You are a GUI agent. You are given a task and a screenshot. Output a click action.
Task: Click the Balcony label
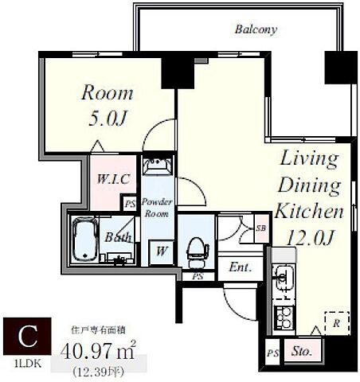(x=256, y=29)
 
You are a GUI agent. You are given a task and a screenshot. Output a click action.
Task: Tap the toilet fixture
(x=197, y=252)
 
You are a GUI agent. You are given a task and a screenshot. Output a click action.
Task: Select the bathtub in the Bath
(x=84, y=239)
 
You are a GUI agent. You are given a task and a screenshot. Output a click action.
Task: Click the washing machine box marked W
(x=162, y=251)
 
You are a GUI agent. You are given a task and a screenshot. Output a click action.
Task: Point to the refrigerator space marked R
(x=337, y=323)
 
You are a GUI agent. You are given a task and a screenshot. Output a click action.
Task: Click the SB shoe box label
(x=261, y=228)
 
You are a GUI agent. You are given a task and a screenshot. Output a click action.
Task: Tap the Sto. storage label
(x=301, y=352)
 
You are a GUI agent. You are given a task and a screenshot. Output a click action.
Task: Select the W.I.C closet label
(x=113, y=179)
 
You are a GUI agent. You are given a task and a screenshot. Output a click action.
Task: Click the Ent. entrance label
(x=241, y=267)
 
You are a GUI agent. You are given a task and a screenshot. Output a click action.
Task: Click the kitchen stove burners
(x=284, y=318)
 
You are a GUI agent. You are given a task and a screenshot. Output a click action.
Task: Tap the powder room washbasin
(x=158, y=166)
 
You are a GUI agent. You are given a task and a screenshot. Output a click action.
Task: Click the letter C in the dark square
(x=28, y=336)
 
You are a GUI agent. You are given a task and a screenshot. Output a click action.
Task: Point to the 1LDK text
(x=28, y=364)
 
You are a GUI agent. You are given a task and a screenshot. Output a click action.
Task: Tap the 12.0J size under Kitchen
(x=310, y=237)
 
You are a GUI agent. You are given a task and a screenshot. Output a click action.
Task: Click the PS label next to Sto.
(x=272, y=353)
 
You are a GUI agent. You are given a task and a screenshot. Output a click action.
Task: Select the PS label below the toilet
(x=198, y=276)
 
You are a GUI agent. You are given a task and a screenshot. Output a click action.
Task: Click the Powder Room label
(x=157, y=208)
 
